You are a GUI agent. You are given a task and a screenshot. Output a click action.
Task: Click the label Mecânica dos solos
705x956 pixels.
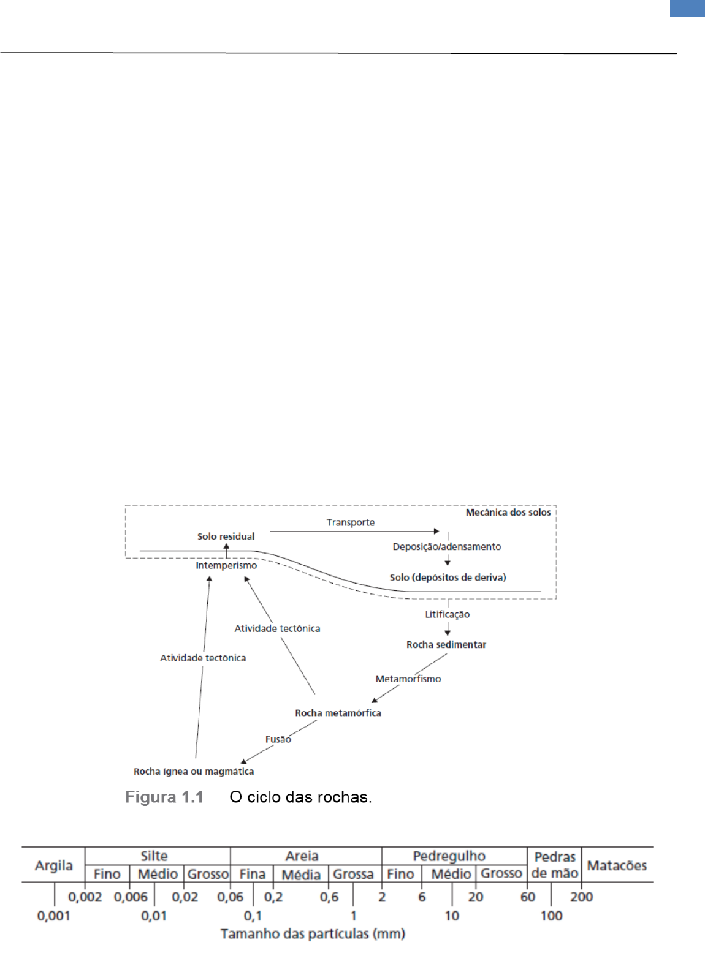coord(508,513)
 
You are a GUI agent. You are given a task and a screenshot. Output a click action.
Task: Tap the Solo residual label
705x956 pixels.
coord(226,536)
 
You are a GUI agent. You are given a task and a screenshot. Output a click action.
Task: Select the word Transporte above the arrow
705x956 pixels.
coord(350,522)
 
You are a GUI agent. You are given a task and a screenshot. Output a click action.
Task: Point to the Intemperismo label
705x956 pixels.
coord(226,566)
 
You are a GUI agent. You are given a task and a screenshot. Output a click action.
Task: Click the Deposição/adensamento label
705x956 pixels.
coord(446,547)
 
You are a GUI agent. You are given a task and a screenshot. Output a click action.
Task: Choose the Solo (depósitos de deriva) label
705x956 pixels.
coord(448,578)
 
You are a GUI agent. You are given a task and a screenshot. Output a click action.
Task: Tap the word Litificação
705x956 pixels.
coord(448,614)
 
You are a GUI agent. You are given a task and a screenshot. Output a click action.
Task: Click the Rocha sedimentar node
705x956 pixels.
coord(446,645)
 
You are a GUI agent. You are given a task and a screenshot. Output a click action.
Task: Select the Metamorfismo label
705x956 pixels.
coord(408,679)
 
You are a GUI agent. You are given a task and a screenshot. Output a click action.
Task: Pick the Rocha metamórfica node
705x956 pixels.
coord(338,713)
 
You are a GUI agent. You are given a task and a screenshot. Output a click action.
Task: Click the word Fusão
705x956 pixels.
coord(278,739)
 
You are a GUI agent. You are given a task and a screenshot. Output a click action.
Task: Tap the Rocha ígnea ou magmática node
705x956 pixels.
coord(194,772)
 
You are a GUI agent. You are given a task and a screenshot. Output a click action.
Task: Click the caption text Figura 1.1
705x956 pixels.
coord(164,797)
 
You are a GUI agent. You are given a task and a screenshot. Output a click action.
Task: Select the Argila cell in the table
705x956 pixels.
coord(54,865)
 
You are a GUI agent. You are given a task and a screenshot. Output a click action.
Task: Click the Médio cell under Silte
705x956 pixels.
coord(158,874)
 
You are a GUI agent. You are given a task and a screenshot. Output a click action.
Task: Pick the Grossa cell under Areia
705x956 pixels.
coord(353,874)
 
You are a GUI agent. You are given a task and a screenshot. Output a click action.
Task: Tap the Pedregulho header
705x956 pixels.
coord(449,856)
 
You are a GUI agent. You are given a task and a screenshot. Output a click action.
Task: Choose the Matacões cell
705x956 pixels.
coord(617,865)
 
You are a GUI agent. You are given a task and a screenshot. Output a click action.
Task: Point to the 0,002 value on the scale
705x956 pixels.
coord(85,897)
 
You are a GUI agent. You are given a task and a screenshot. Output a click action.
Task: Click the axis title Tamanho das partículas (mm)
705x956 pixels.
coord(313,934)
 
